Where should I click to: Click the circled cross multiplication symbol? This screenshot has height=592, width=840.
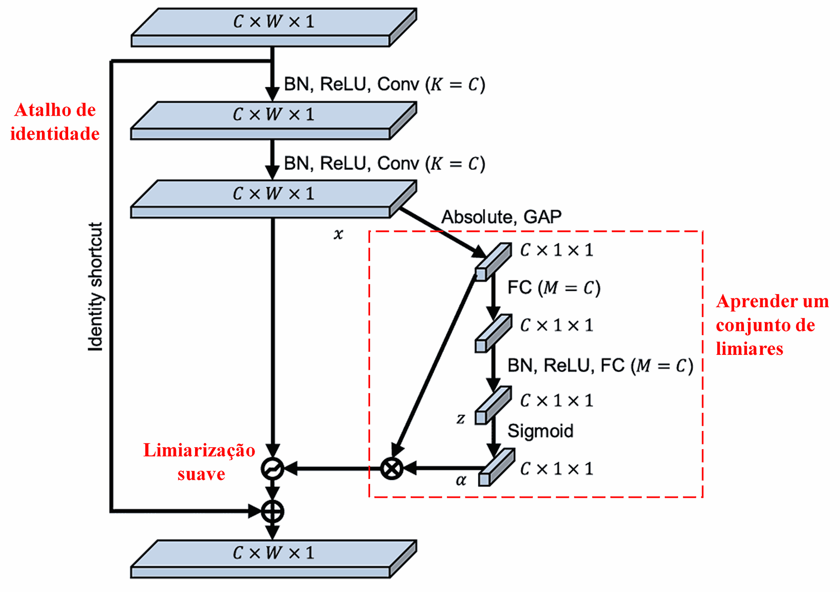(x=392, y=468)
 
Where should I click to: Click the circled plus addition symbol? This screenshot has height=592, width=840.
(x=273, y=511)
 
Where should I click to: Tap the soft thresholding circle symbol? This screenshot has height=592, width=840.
(x=273, y=468)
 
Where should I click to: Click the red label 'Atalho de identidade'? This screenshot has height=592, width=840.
(x=55, y=122)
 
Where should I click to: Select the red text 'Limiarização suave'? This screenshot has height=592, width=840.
(x=200, y=462)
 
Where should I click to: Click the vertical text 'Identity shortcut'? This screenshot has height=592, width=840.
(x=95, y=287)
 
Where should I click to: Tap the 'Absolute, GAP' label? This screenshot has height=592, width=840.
(x=501, y=217)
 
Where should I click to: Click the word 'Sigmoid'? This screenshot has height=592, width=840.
(x=540, y=431)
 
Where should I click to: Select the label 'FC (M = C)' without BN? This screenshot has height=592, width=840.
(x=553, y=288)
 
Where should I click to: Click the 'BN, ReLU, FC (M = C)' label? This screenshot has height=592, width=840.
(x=600, y=366)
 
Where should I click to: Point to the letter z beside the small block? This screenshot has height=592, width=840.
(x=461, y=419)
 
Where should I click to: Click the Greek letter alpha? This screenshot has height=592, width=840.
(x=461, y=480)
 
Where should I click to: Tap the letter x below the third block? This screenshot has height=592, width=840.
(x=338, y=234)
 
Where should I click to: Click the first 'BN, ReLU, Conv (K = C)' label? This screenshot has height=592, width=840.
(x=385, y=85)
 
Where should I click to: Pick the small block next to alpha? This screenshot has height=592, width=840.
(x=497, y=468)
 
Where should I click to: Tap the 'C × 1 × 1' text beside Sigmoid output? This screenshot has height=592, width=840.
(x=556, y=469)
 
